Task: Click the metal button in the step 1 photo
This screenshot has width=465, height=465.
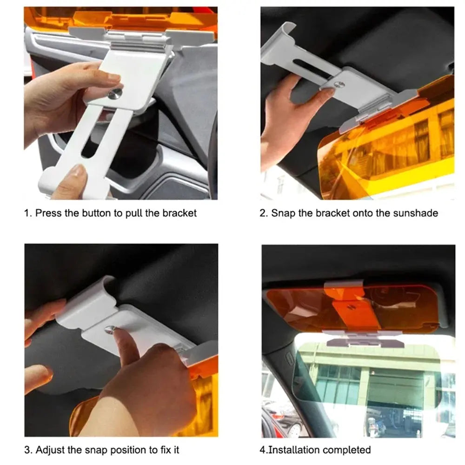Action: pyautogui.click(x=115, y=94)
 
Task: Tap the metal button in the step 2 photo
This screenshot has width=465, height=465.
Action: pyautogui.click(x=339, y=85)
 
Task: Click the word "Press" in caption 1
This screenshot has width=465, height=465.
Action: pyautogui.click(x=48, y=213)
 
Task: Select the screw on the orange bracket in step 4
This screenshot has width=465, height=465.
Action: pyautogui.click(x=352, y=307)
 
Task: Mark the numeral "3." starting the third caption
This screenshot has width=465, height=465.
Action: pyautogui.click(x=28, y=450)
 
